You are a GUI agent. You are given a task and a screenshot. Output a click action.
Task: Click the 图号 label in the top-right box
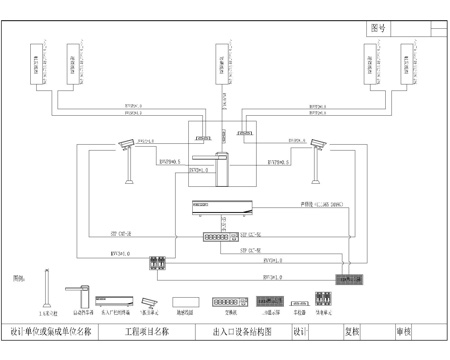(378, 29)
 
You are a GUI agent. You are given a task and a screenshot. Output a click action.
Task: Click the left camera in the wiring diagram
(127, 147)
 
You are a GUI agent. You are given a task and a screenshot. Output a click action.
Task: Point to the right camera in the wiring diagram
(319, 146)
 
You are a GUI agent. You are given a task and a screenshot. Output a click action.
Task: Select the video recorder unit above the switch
(221, 211)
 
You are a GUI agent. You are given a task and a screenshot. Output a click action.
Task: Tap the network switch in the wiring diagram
(219, 239)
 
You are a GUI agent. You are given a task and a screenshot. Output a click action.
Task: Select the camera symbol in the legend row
(149, 301)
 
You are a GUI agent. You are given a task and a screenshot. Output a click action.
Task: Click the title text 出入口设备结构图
(241, 330)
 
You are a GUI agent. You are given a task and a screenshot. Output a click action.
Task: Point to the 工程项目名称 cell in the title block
(145, 330)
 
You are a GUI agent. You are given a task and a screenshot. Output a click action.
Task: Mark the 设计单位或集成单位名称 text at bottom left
(51, 330)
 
